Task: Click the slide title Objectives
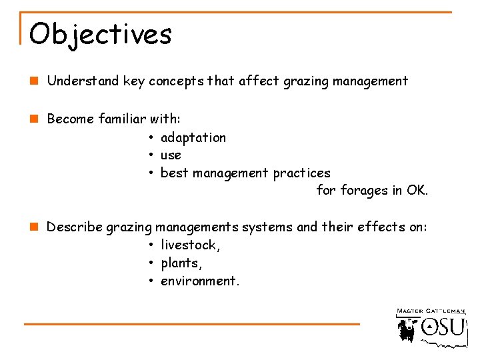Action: (100, 34)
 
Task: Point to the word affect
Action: (259, 81)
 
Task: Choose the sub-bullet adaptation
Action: (193, 138)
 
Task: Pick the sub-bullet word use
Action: (171, 155)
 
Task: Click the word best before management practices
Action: (175, 173)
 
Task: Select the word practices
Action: (301, 173)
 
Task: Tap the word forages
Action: (364, 191)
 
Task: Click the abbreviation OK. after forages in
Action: (417, 191)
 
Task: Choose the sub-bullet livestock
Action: (190, 245)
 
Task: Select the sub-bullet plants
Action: (181, 263)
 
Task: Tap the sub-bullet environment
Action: (199, 281)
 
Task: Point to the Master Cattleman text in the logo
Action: (431, 311)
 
